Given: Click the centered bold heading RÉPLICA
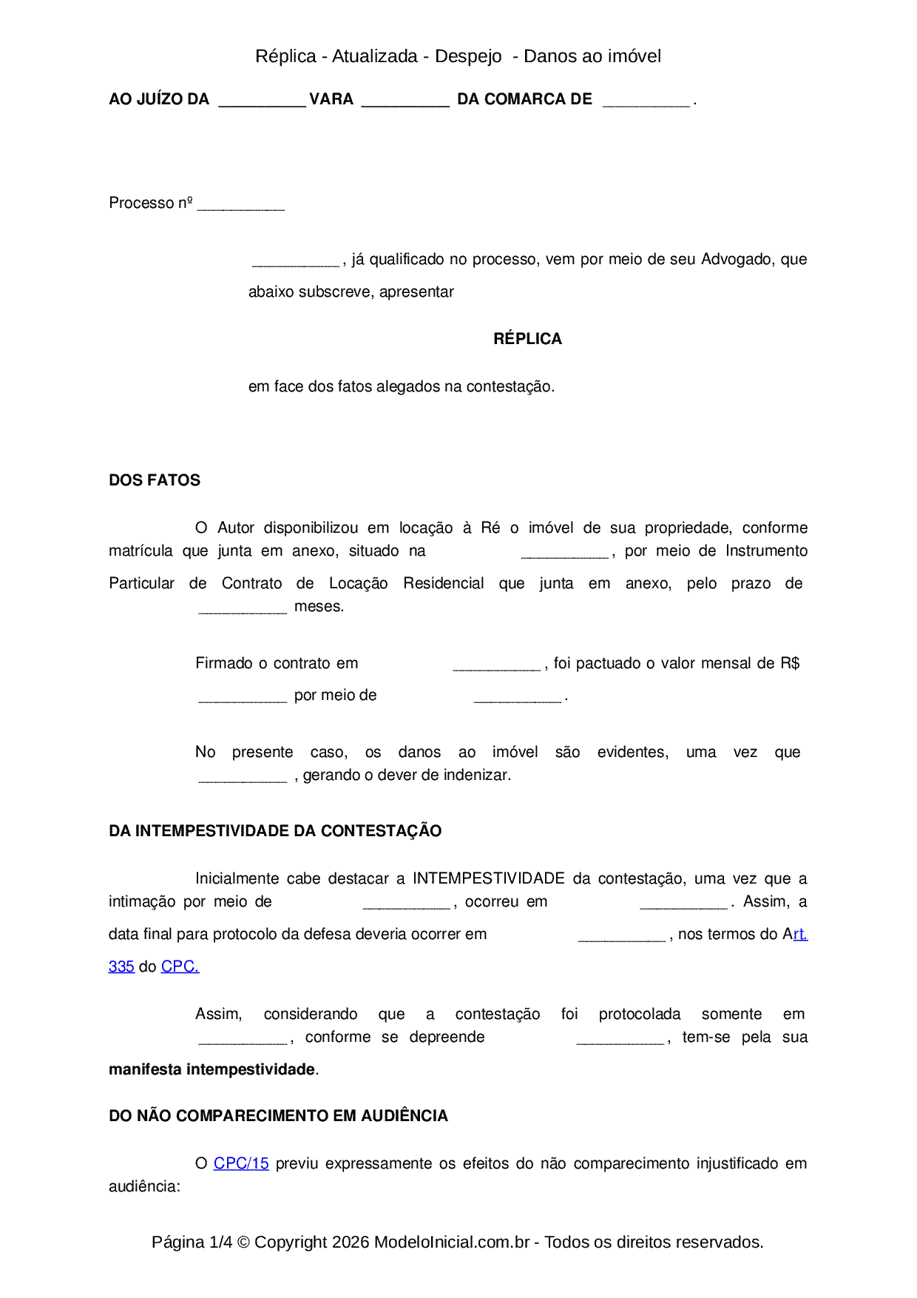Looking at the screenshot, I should [527, 339].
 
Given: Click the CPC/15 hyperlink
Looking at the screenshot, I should [241, 1163].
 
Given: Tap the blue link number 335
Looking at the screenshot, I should [121, 966].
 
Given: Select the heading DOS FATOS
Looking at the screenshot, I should [155, 480].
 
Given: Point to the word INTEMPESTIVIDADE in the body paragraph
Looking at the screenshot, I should [488, 878].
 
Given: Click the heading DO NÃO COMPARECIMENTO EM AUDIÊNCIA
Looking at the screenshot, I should [278, 1116].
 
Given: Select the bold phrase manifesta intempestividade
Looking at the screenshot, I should [212, 1069].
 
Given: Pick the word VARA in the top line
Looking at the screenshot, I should [331, 99].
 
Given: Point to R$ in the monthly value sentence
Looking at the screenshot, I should [790, 663].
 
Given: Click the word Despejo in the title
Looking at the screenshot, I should [468, 56].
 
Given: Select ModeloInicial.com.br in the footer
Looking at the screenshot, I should [451, 1242].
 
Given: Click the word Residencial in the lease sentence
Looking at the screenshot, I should [443, 583].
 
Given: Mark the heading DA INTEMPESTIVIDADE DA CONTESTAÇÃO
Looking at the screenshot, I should [275, 831].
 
